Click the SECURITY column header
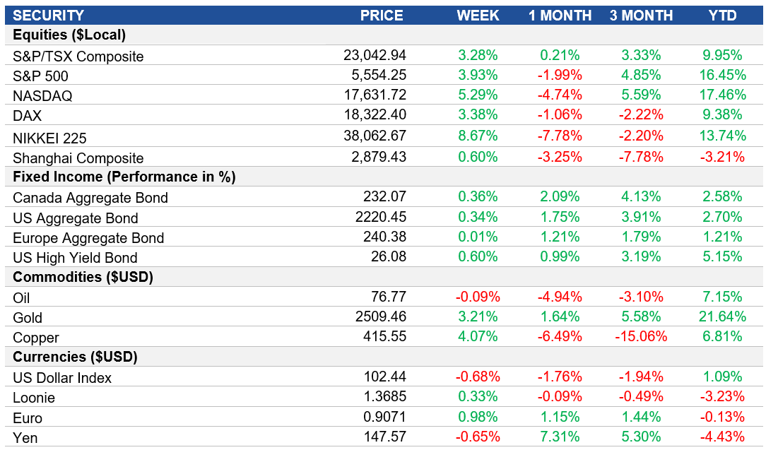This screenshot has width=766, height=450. pos(48,16)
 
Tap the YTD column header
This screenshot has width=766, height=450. pos(722,16)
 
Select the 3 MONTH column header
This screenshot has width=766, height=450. pos(641,16)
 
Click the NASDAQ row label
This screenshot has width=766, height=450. pos(42,96)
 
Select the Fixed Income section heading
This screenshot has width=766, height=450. pos(124,177)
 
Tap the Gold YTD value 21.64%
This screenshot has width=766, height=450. pos(719,317)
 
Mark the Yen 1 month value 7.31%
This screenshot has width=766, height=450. pos(560,437)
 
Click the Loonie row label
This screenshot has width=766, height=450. pos(34,398)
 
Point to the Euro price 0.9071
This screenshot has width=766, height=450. pos(384,417)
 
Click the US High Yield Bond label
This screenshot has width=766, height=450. pos(75,258)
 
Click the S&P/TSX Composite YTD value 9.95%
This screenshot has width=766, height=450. pos(722,56)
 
